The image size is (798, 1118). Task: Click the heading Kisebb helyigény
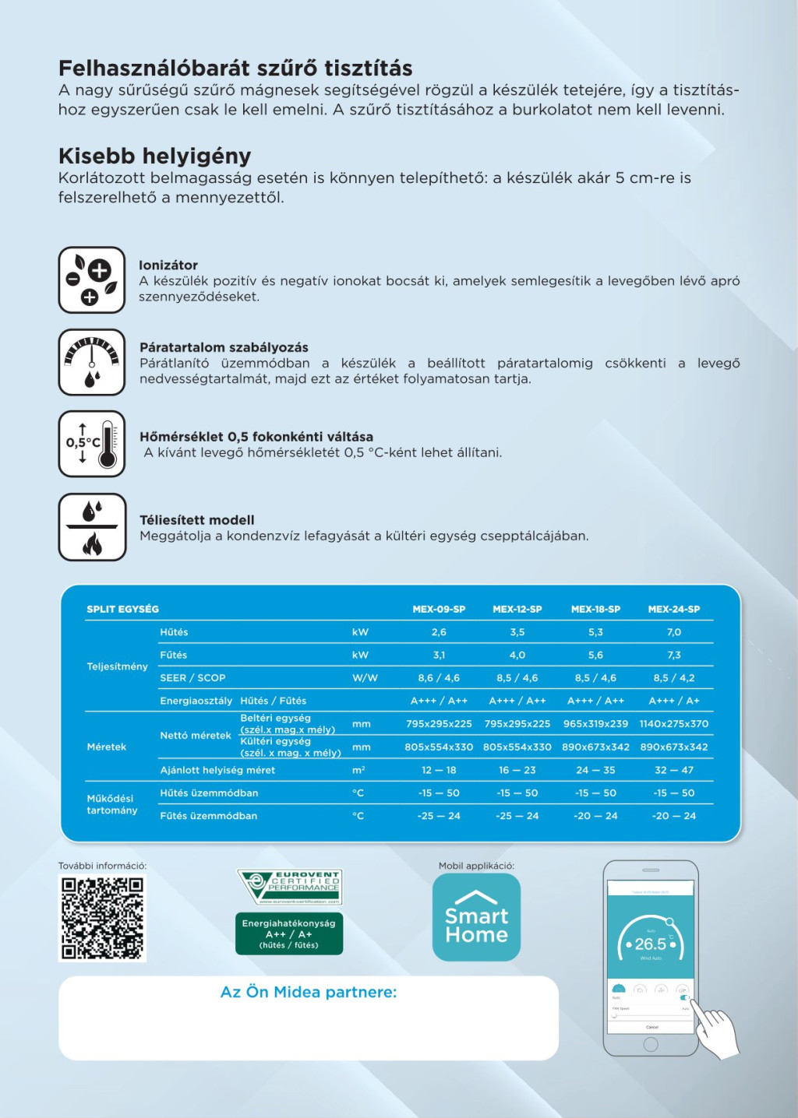(154, 156)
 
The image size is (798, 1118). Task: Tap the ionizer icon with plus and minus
(92, 280)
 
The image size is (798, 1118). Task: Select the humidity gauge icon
(92, 362)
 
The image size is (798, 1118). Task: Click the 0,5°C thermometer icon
(92, 444)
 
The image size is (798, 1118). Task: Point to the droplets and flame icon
(92, 527)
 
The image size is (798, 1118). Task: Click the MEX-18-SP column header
(595, 610)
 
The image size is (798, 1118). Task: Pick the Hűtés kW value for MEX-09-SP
(439, 632)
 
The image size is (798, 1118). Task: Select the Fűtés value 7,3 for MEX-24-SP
(674, 656)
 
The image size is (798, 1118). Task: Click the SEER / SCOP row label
(192, 678)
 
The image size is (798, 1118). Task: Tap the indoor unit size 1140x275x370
(674, 724)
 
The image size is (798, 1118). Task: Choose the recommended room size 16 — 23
(517, 770)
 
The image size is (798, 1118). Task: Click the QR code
(102, 918)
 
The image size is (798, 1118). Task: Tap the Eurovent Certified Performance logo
(290, 888)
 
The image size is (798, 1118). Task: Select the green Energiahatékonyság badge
(289, 934)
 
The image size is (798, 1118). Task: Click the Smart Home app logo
(476, 917)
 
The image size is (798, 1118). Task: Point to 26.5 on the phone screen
(651, 944)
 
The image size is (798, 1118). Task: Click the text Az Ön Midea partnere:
(309, 993)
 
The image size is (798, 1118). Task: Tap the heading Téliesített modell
(197, 520)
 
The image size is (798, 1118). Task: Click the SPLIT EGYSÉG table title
(122, 610)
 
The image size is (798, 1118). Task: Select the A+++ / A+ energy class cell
(674, 701)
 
